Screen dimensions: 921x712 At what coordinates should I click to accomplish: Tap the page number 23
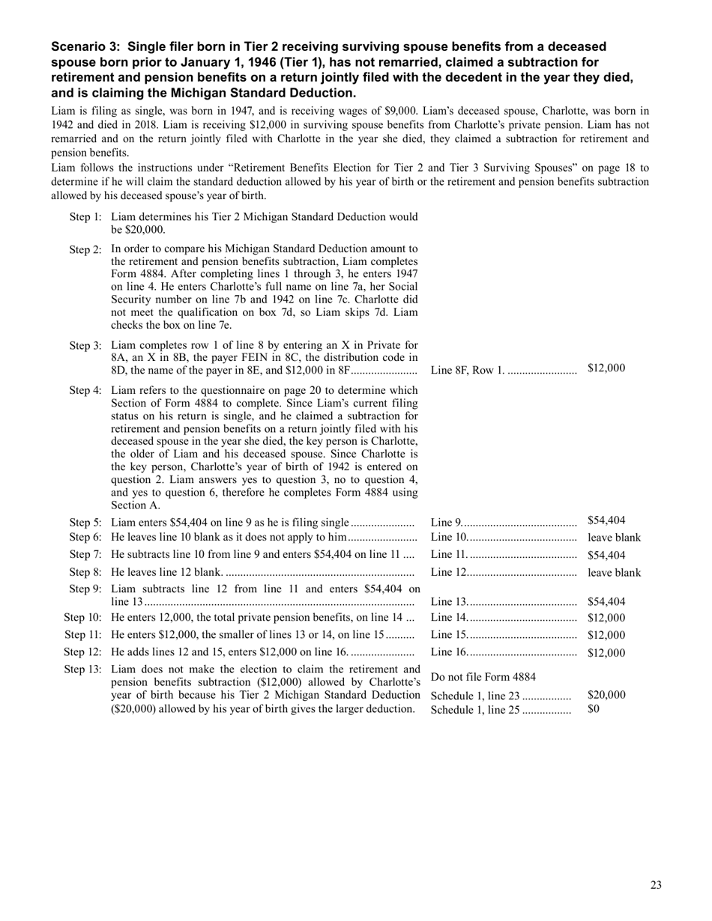pos(656,885)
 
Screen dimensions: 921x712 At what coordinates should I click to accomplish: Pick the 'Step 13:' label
pos(82,669)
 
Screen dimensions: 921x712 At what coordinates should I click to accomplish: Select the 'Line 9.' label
pos(447,521)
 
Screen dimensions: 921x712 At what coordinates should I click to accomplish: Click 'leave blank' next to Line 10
pos(614,538)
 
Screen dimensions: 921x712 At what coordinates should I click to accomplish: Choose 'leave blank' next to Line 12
pos(614,573)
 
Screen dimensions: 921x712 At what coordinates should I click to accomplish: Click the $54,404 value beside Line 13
pos(606,601)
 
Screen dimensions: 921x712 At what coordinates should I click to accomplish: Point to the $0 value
pos(594,708)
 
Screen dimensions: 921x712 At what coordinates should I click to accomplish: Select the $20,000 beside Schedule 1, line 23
pos(606,695)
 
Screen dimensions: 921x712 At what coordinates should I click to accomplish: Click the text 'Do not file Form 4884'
pos(483,678)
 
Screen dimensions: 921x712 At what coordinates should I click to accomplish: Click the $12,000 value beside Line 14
pos(606,618)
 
